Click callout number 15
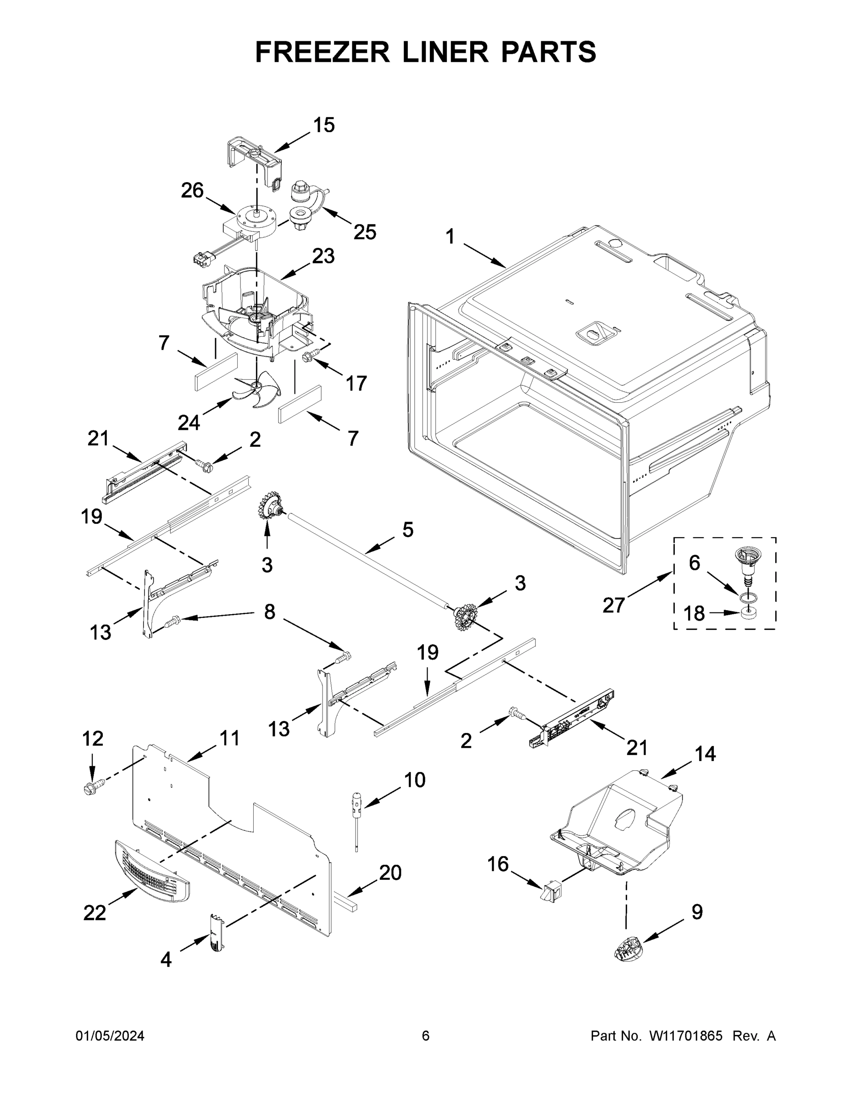pos(324,125)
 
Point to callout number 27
pos(613,605)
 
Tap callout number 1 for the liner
pos(450,236)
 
